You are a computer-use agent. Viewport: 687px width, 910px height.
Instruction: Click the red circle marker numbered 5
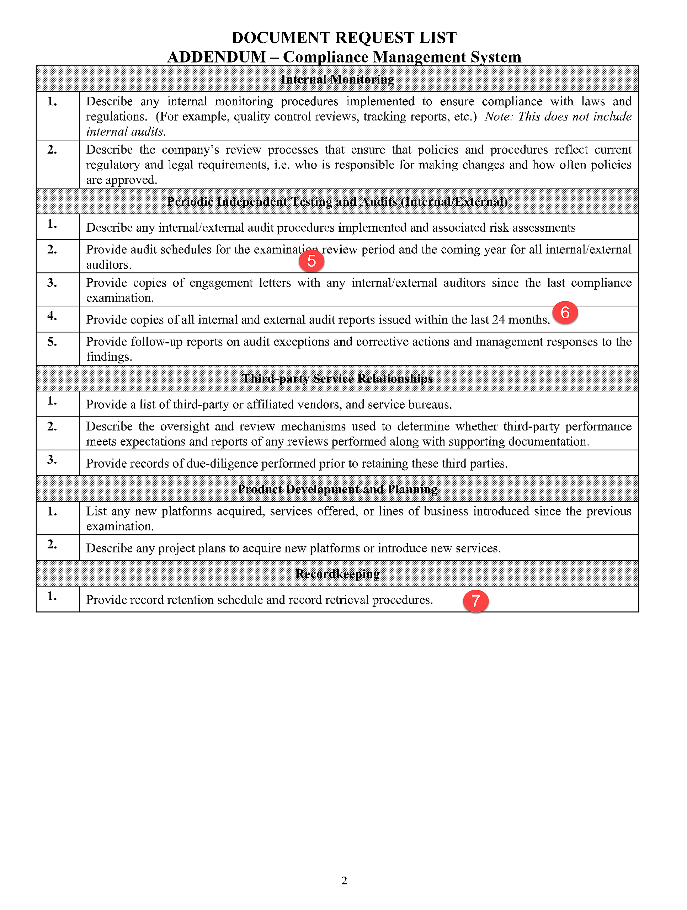(311, 261)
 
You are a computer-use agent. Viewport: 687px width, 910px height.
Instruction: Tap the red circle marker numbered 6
(565, 313)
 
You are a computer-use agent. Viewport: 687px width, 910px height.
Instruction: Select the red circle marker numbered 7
(475, 601)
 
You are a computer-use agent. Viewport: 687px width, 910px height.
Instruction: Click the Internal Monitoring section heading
(337, 79)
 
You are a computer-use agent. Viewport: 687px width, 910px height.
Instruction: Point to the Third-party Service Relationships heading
(337, 379)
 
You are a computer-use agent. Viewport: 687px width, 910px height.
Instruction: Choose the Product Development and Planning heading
(337, 489)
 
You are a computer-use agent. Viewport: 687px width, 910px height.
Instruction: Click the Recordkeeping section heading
(337, 573)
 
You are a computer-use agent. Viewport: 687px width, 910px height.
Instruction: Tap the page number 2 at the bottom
(344, 880)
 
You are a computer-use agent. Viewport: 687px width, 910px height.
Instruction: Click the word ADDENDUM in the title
(217, 57)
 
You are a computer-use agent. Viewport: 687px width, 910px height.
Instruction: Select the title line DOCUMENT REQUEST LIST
(344, 37)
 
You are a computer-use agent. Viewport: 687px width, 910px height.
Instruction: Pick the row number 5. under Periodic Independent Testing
(52, 342)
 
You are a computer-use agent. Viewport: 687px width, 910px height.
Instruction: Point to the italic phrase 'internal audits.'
(126, 132)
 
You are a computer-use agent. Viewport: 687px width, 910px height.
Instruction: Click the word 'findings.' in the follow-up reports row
(109, 357)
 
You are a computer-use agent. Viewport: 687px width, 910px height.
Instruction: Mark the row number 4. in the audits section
(52, 316)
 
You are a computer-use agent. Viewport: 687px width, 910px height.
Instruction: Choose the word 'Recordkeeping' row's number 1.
(52, 596)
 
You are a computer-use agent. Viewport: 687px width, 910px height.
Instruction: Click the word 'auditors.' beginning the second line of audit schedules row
(109, 264)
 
